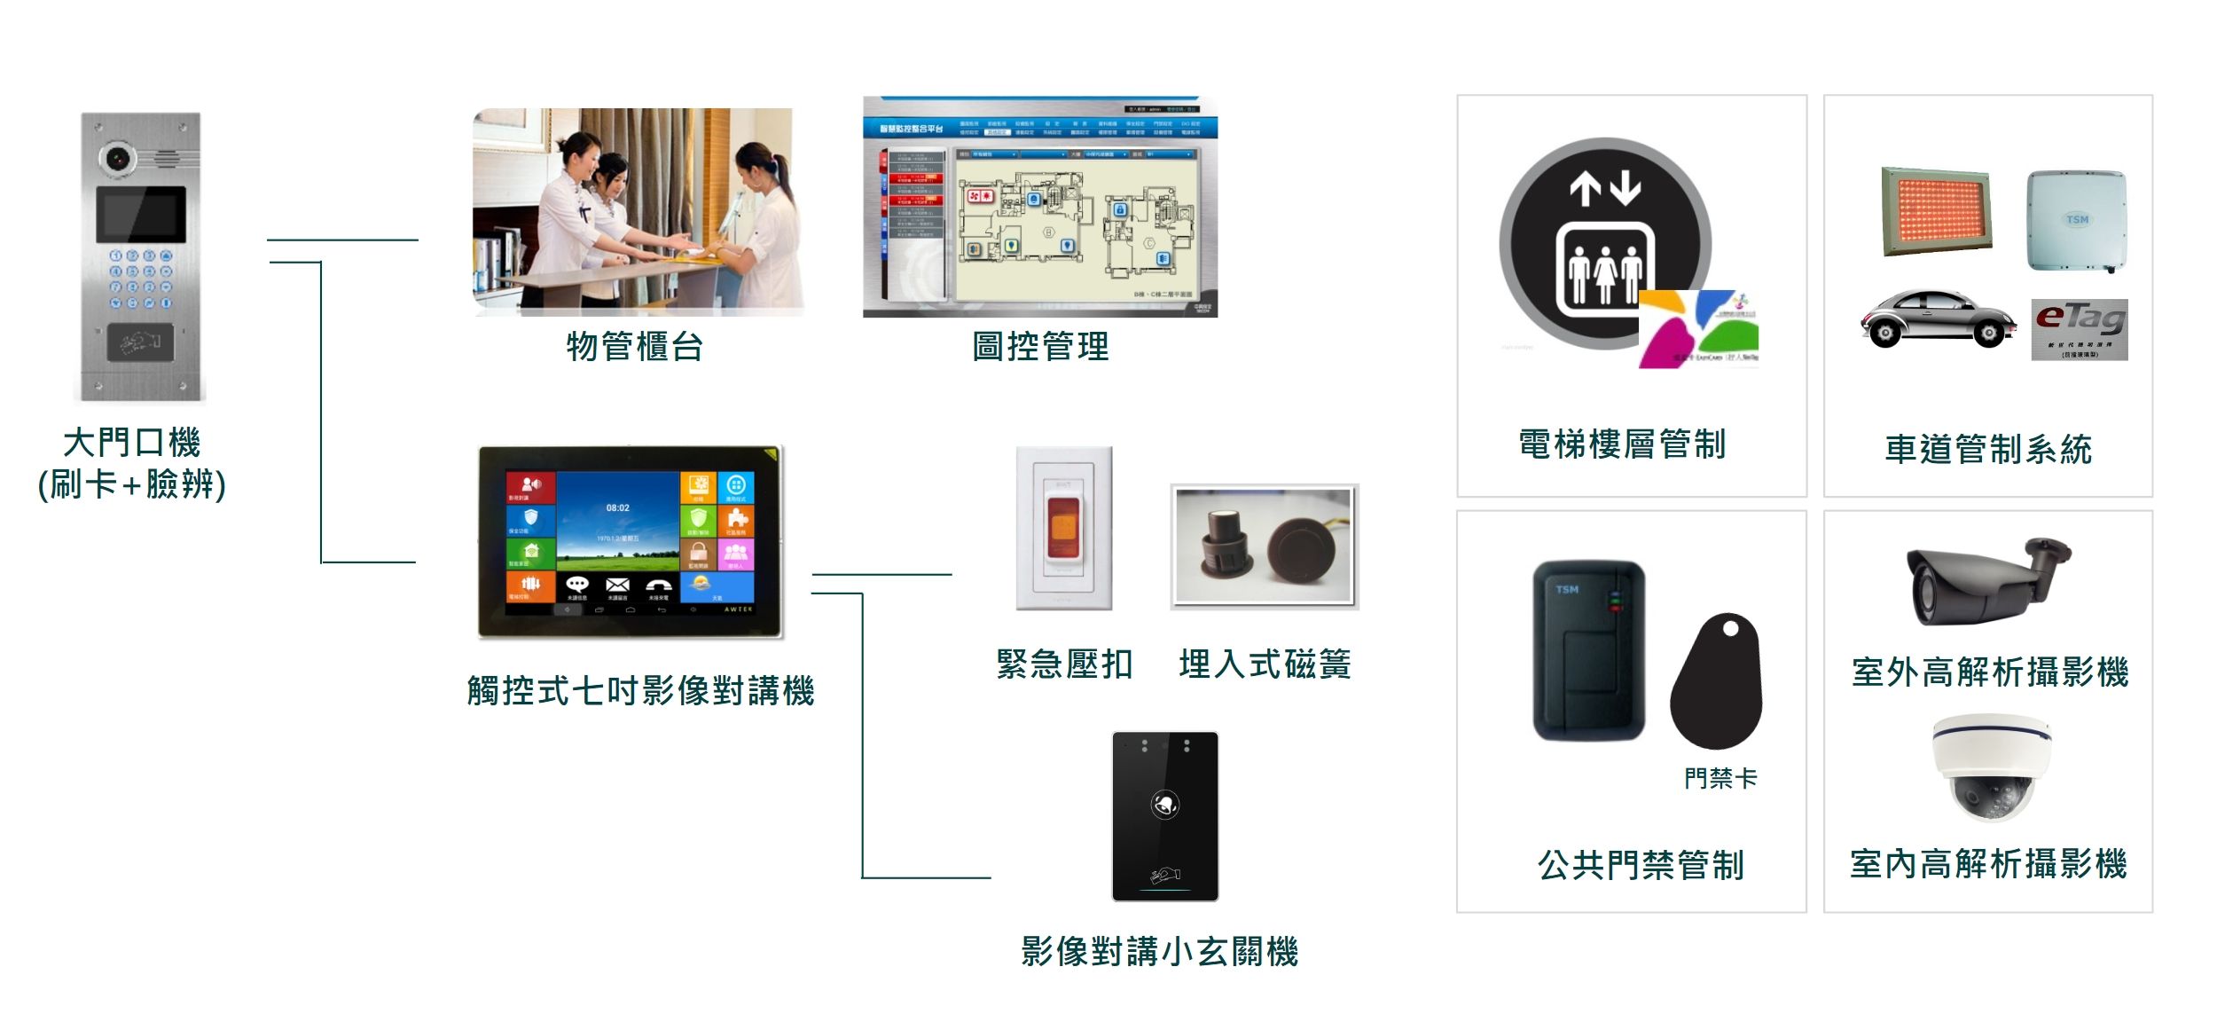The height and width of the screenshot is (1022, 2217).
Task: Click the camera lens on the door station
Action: click(117, 160)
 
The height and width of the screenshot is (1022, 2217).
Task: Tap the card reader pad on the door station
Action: click(140, 342)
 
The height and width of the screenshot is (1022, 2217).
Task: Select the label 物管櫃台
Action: click(635, 347)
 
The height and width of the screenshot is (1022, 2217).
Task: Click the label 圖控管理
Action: click(1040, 347)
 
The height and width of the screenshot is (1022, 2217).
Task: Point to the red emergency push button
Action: click(1063, 528)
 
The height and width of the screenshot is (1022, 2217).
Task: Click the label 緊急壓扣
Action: click(1064, 664)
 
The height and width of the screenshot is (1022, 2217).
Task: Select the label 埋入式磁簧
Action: click(1265, 664)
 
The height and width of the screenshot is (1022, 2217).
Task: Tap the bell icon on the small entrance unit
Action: click(1164, 805)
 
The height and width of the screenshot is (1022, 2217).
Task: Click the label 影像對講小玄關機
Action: click(1159, 952)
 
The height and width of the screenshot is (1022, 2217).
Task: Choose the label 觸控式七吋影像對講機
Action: click(640, 690)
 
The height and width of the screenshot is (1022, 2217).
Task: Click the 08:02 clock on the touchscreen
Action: click(617, 508)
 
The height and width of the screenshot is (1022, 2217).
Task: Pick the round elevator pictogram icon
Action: click(1605, 244)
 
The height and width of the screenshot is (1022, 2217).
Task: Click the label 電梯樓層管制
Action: click(1622, 444)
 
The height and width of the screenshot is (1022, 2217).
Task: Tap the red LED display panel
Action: click(1937, 211)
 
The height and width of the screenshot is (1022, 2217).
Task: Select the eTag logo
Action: click(2079, 329)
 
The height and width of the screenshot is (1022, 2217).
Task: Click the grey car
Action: click(1937, 318)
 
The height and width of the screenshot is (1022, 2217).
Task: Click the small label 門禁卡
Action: click(1720, 778)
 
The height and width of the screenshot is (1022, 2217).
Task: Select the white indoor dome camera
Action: click(1992, 766)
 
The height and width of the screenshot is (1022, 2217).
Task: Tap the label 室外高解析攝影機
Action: click(1990, 672)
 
